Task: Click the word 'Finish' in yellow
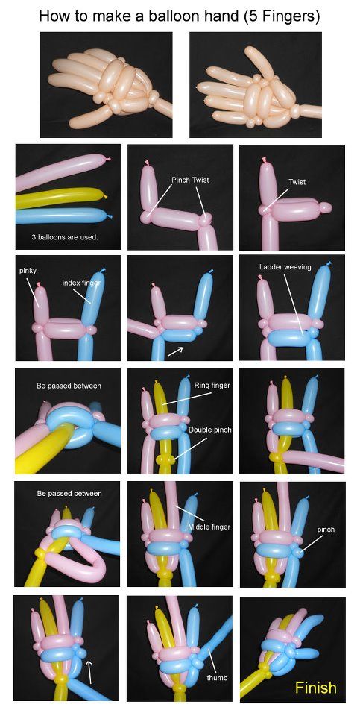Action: [315, 687]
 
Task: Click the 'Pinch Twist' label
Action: [190, 180]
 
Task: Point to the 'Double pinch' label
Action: [210, 430]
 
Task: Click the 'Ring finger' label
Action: [212, 386]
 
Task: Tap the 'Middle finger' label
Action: [209, 527]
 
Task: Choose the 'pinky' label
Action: [28, 271]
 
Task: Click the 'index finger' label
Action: [81, 283]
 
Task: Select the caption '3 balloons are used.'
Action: [64, 237]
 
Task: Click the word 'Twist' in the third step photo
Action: [297, 182]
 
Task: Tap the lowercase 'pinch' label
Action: [326, 530]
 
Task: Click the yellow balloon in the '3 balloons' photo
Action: [60, 198]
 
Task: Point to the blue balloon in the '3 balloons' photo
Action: [63, 216]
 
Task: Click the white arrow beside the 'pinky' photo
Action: [175, 351]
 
